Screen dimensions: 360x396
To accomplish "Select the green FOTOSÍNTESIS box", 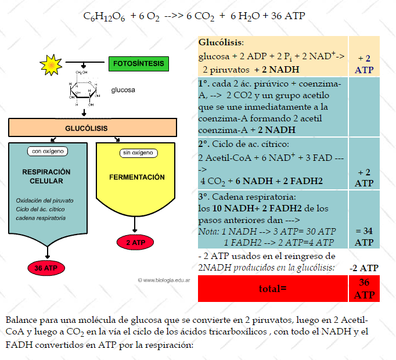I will (x=138, y=63).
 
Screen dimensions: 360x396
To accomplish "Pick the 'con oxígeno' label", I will (x=48, y=152).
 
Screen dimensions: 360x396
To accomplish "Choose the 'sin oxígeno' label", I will (x=138, y=153).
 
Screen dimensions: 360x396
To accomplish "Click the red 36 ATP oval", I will (x=46, y=268).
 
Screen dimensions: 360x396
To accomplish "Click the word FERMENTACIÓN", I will (x=136, y=177).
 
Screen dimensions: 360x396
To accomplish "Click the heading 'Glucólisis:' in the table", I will (x=221, y=43).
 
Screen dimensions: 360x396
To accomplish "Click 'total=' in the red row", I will (x=273, y=288).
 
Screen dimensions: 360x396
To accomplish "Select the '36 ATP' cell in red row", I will (x=364, y=289).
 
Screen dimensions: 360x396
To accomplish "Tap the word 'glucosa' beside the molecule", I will (x=123, y=90).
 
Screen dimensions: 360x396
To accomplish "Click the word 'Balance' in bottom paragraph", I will (x=20, y=321).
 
